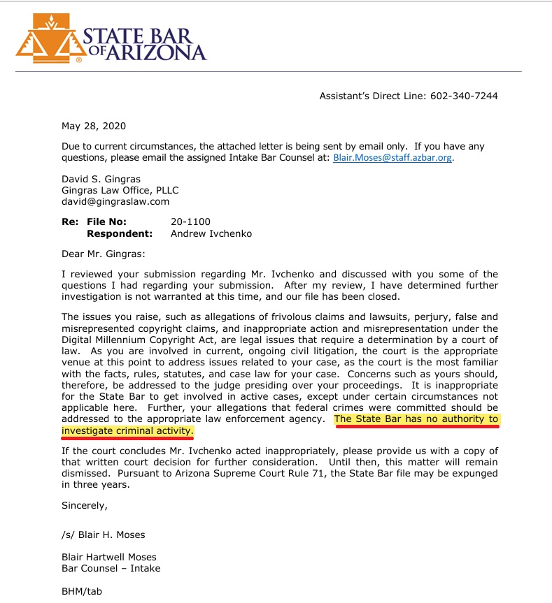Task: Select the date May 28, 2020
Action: [94, 126]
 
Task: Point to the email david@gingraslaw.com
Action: [115, 201]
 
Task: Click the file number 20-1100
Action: [190, 221]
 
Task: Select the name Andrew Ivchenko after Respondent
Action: [211, 233]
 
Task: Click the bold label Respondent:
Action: [119, 233]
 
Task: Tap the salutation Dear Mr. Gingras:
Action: [103, 254]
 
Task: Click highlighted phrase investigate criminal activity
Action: [127, 430]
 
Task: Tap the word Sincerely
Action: [84, 504]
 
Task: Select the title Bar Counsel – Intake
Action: [111, 568]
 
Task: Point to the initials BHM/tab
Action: [82, 591]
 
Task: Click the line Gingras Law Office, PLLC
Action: [120, 190]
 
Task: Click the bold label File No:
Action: [106, 221]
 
